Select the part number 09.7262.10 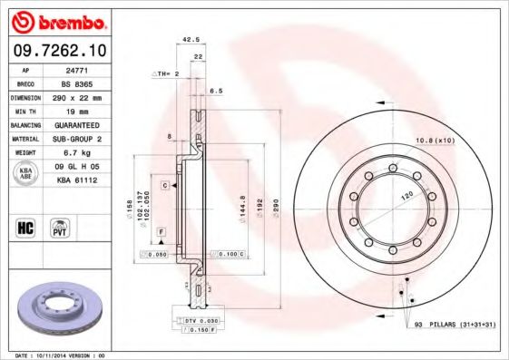point(60,49)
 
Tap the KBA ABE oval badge point(25,173)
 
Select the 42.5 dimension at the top point(191,40)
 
